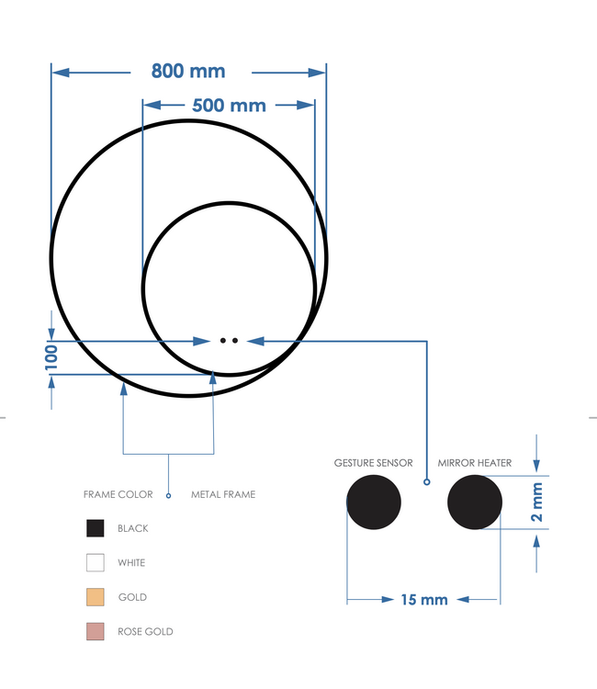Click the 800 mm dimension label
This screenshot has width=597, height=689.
pos(188,71)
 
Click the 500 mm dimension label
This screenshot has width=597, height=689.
pos(229,105)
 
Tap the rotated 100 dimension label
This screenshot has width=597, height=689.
pos(51,356)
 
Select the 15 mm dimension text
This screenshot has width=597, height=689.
pos(424,600)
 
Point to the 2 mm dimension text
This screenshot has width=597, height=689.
pos(537,503)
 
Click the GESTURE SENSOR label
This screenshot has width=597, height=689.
pos(373,463)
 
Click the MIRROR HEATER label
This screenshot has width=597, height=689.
pos(475,463)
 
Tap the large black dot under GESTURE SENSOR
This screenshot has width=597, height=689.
pos(374,503)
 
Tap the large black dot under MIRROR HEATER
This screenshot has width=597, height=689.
pos(475,503)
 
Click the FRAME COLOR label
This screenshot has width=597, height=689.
pos(118,494)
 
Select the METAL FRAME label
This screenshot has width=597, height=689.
pos(223,494)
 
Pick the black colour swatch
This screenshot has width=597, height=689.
pos(95,528)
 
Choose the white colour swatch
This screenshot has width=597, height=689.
pos(95,562)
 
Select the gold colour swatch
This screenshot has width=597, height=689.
pos(95,597)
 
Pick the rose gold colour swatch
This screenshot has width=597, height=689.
pos(95,631)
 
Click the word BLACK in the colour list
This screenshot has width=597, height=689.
pos(133,528)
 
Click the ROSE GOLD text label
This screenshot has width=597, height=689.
pos(145,631)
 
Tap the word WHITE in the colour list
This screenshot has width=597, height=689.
pos(131,562)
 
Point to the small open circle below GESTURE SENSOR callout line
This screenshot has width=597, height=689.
pos(426,481)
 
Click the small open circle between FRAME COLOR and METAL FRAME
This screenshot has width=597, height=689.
pos(168,495)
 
